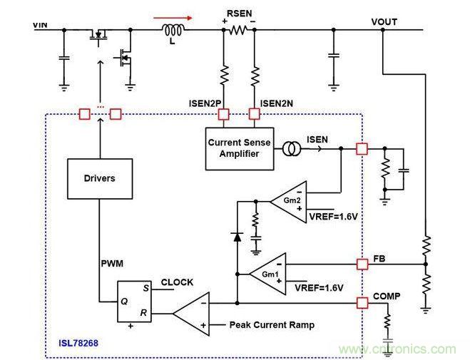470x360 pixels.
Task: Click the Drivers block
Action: point(99,178)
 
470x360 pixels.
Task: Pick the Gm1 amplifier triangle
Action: point(267,273)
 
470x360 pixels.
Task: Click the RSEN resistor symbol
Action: point(237,30)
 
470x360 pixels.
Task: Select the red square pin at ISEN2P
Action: point(223,113)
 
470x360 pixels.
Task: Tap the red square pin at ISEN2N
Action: point(253,113)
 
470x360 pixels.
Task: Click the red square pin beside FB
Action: point(362,264)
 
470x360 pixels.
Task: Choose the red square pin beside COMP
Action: point(362,304)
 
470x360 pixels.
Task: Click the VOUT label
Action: point(384,21)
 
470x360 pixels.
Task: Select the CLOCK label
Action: point(176,282)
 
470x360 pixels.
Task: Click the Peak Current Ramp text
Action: point(272,325)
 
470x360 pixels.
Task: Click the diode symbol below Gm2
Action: point(236,237)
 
